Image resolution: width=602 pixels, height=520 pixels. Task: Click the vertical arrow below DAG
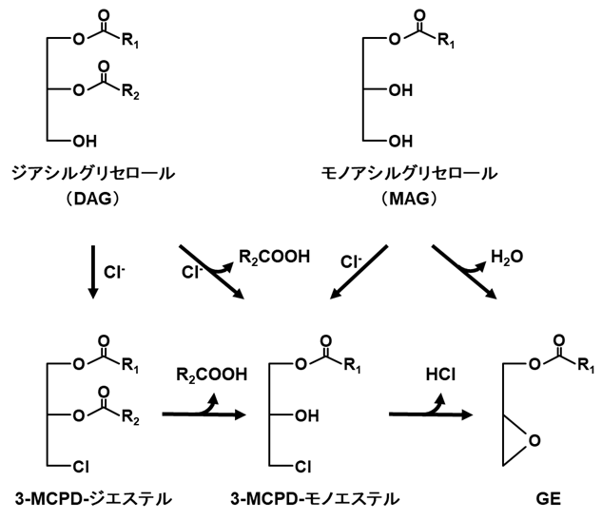pos(92,272)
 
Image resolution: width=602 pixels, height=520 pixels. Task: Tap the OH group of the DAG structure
pos(83,142)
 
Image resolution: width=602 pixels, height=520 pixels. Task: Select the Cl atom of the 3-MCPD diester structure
pos(83,467)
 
